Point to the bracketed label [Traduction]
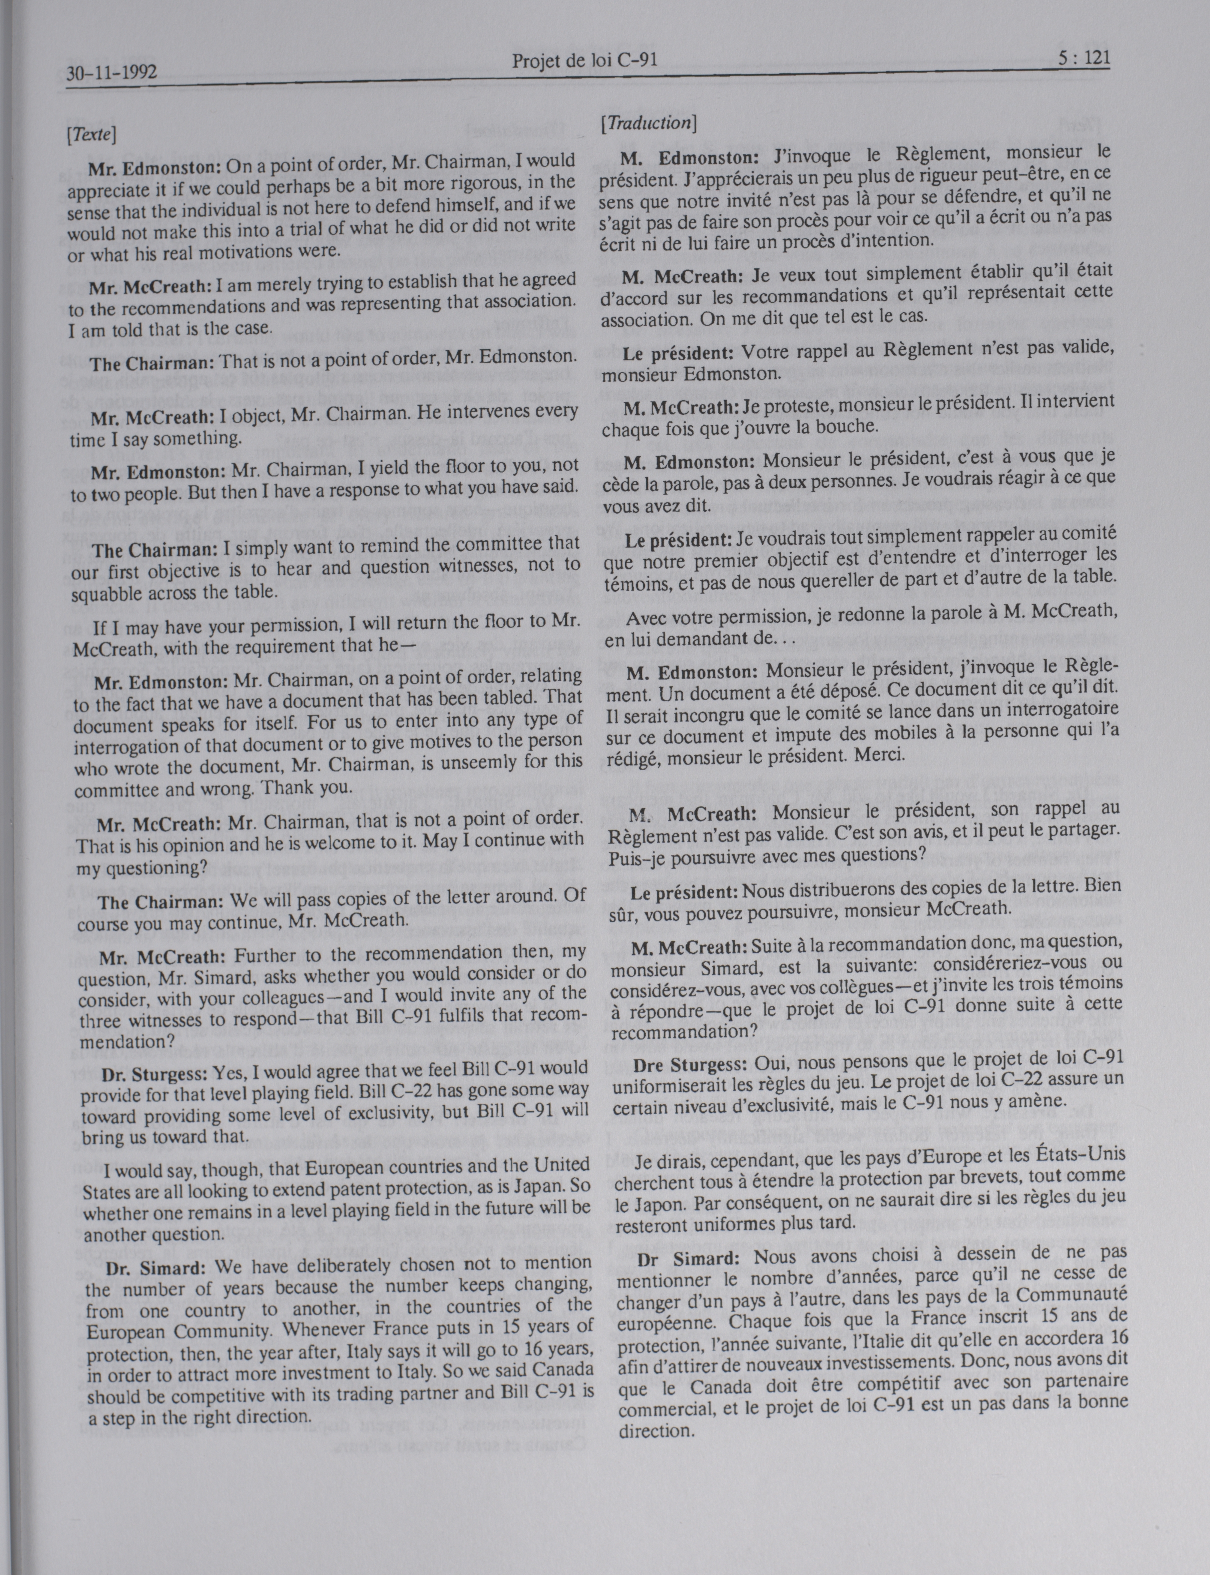[648, 123]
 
